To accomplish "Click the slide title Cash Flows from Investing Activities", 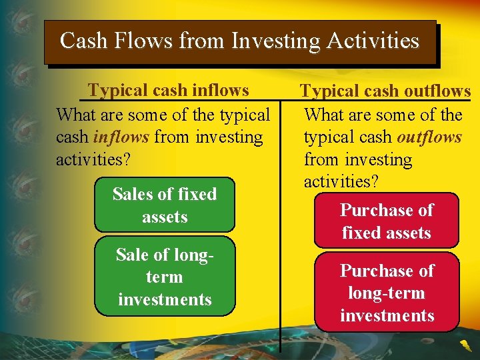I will (239, 41).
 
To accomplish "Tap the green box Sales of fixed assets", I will (165, 205).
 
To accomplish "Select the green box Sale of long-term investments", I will (165, 277).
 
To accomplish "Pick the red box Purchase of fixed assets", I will (387, 221).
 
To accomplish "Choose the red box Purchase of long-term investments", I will (387, 293).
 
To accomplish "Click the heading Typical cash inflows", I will (169, 90).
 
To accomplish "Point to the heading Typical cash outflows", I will (385, 91).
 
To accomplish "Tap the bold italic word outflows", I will (429, 137).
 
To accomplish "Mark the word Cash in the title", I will (83, 41).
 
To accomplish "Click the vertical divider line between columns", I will (280, 267).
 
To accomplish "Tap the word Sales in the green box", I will (133, 194).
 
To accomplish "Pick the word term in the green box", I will (164, 277).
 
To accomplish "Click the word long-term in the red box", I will (387, 293).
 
